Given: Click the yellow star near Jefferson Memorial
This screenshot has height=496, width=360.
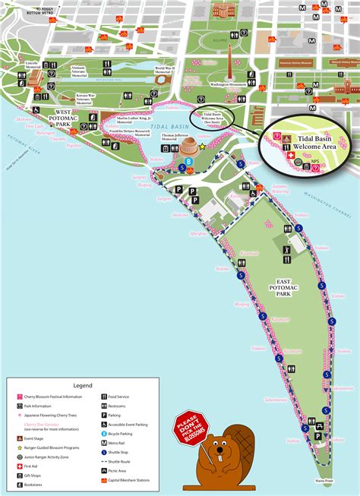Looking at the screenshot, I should point(203,146).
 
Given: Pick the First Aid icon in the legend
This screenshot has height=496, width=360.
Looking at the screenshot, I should point(19,465).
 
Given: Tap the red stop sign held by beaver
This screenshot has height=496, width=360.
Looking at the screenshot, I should point(189,429).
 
